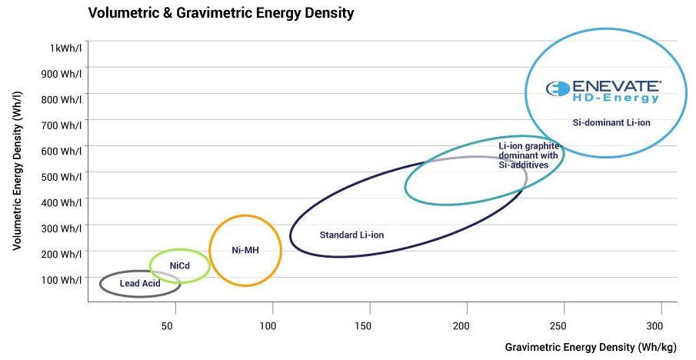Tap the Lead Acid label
pyautogui.click(x=140, y=284)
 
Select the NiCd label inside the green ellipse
pyautogui.click(x=179, y=265)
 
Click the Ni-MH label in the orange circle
pyautogui.click(x=245, y=250)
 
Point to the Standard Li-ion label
pyautogui.click(x=351, y=235)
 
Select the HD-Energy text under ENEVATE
pyautogui.click(x=615, y=98)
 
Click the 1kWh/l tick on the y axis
pyautogui.click(x=66, y=48)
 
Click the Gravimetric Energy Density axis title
pyautogui.click(x=590, y=348)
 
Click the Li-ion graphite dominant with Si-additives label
pyautogui.click(x=528, y=155)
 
